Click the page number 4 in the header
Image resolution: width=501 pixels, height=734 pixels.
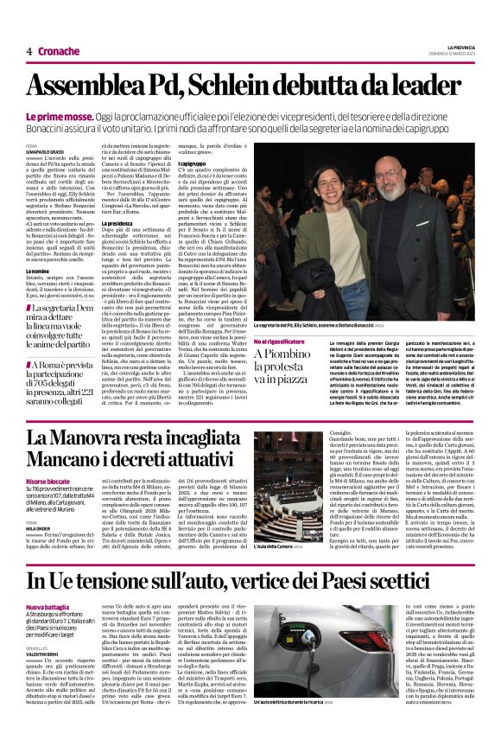coord(29,51)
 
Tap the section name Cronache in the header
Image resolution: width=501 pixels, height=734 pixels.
coord(59,51)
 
